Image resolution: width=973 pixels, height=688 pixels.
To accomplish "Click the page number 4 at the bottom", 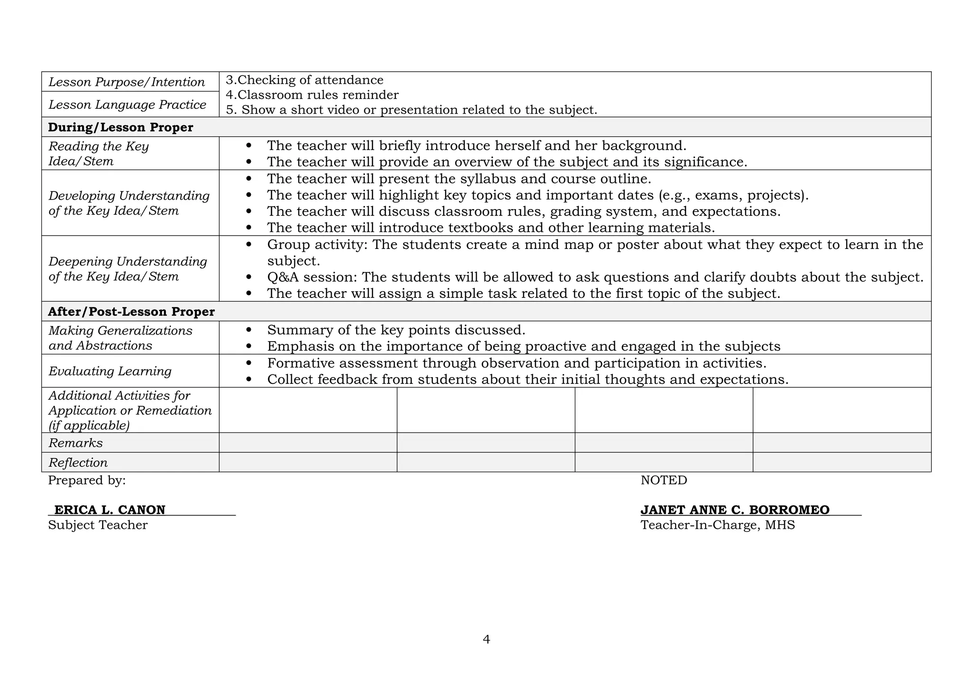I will (x=486, y=640).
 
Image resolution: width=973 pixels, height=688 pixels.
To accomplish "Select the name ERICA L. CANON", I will (x=110, y=510).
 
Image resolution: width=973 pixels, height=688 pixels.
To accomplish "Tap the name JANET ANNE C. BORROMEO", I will (x=735, y=510).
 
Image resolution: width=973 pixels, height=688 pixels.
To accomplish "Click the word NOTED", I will (x=664, y=480).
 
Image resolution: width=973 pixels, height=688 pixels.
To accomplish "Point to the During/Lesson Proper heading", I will (x=121, y=127).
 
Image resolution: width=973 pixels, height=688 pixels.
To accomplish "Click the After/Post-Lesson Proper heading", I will (x=131, y=312).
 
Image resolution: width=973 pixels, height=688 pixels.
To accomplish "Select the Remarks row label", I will (x=76, y=443).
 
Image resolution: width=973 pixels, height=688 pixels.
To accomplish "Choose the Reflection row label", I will (x=78, y=463).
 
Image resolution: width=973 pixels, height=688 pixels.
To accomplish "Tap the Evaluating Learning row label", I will (x=110, y=371).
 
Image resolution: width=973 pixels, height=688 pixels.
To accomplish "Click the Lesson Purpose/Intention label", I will (x=127, y=82).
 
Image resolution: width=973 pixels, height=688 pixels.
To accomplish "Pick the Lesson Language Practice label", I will (x=127, y=105).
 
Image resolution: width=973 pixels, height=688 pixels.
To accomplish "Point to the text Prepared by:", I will (x=87, y=480).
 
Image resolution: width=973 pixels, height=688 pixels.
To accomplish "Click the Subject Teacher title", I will (x=98, y=525).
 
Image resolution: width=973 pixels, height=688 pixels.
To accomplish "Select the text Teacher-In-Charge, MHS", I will (x=717, y=525).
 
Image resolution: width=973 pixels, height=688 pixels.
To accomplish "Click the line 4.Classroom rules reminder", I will (x=312, y=95).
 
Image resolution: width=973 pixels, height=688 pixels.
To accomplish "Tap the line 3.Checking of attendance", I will (x=305, y=80).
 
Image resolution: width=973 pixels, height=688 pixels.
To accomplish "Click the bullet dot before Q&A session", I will (x=249, y=277).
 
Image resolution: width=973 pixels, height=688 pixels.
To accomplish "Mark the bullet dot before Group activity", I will (x=249, y=245).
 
